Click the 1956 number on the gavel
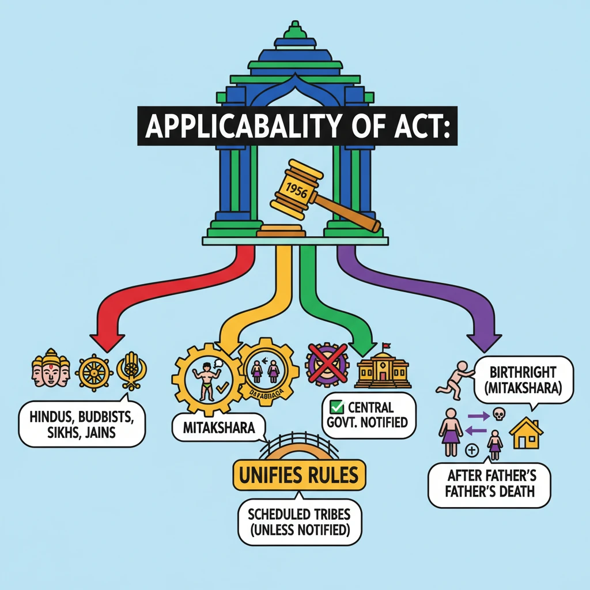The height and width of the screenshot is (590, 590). (296, 190)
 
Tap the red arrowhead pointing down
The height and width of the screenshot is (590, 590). (107, 341)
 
